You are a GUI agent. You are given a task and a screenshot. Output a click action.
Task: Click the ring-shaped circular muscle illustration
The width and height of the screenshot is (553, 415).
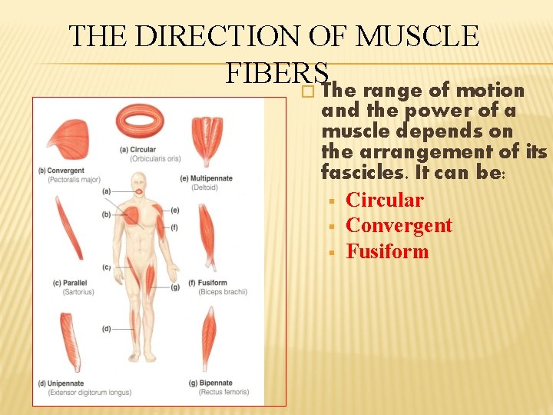[x=140, y=121]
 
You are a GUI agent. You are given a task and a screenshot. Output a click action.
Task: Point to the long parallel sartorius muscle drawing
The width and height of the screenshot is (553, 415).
[x=68, y=227]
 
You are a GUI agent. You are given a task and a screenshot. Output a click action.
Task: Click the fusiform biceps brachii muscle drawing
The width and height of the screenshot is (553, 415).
[x=207, y=234]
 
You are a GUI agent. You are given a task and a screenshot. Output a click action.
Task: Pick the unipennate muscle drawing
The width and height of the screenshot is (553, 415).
[x=71, y=341]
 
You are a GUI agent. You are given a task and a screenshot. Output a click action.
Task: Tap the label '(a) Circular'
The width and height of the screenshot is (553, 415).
[x=138, y=150]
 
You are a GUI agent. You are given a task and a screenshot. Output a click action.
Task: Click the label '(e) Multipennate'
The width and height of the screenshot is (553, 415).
[x=206, y=179]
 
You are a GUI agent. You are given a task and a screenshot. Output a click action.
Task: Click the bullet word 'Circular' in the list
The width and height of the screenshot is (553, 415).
[x=384, y=201]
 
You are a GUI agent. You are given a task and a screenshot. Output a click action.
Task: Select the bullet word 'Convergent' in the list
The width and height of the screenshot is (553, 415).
[x=399, y=226]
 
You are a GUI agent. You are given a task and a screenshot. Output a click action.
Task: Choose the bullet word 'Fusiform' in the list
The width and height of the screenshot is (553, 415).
[x=387, y=252]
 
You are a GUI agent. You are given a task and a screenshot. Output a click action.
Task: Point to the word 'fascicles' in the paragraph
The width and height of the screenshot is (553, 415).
[x=363, y=173]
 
